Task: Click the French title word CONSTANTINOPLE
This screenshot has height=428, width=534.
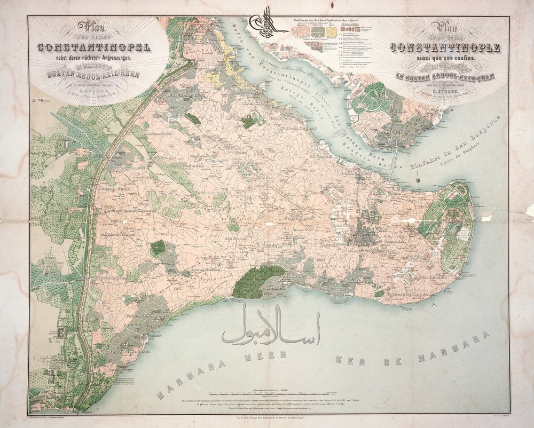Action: pyautogui.click(x=445, y=47)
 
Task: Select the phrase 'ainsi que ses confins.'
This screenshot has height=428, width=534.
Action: pyautogui.click(x=445, y=57)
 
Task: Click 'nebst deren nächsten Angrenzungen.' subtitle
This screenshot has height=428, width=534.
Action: pyautogui.click(x=91, y=57)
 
